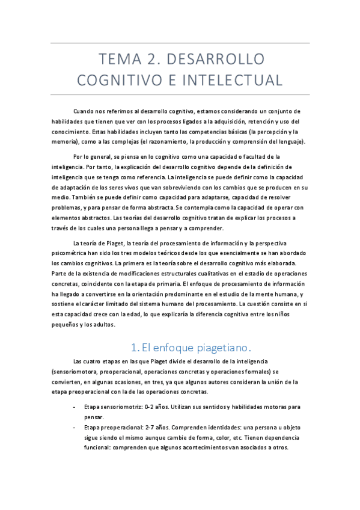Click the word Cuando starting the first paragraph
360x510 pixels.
(84, 111)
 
